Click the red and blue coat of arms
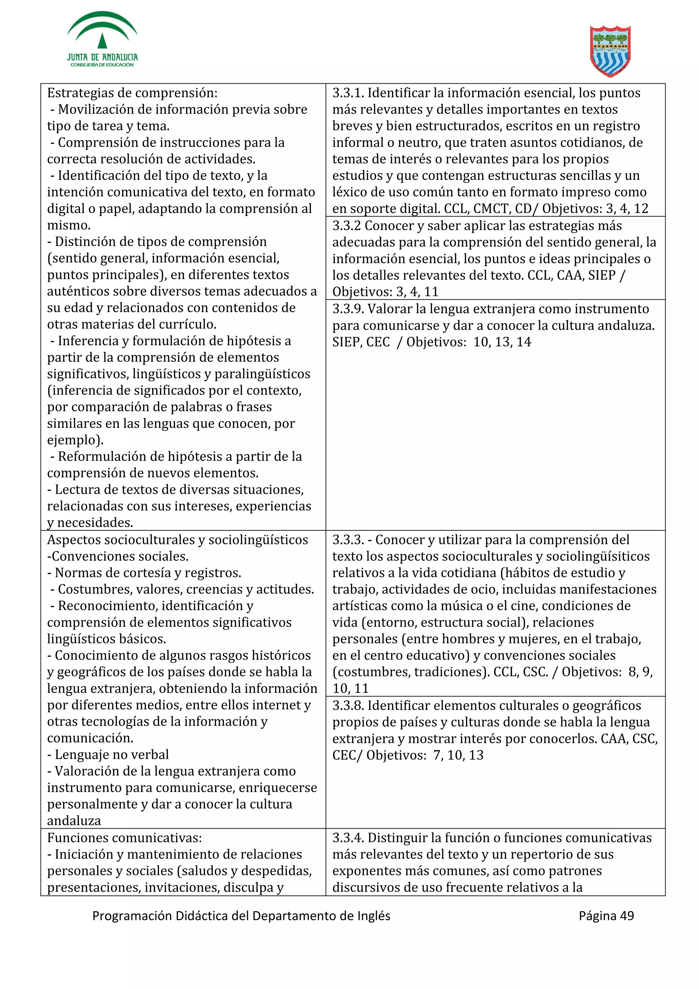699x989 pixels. pyautogui.click(x=610, y=51)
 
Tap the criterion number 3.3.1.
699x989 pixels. pyautogui.click(x=348, y=93)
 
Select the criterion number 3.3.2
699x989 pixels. pyautogui.click(x=346, y=226)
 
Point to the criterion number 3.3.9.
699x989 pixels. pyautogui.click(x=348, y=309)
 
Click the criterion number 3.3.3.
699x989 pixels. pyautogui.click(x=348, y=540)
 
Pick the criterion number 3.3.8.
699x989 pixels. pyautogui.click(x=348, y=705)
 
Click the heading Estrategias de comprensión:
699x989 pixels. pyautogui.click(x=132, y=93)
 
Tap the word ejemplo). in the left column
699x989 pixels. pyautogui.click(x=75, y=440)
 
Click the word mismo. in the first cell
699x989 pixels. pyautogui.click(x=69, y=225)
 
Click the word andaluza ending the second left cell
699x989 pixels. pyautogui.click(x=74, y=821)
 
